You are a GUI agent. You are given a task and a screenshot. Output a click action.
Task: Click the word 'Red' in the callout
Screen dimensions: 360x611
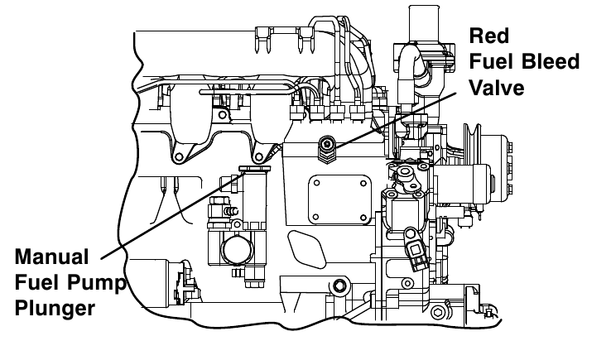pyautogui.click(x=488, y=36)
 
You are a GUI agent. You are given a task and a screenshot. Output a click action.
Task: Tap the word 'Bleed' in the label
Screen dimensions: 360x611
pyautogui.click(x=547, y=62)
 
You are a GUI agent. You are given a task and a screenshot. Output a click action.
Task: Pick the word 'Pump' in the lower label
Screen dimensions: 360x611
pyautogui.click(x=102, y=283)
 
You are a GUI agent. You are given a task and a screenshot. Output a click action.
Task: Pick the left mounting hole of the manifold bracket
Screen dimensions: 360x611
pyautogui.click(x=177, y=156)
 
